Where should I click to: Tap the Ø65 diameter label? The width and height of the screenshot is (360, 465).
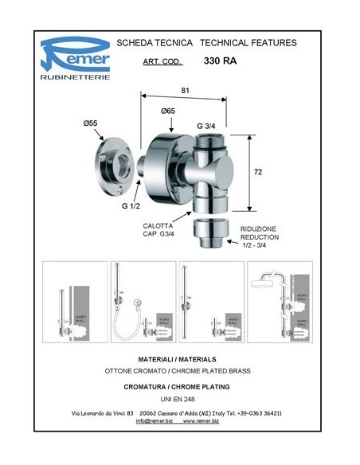pos(168,111)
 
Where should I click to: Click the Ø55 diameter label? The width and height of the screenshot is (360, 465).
pos(90,124)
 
